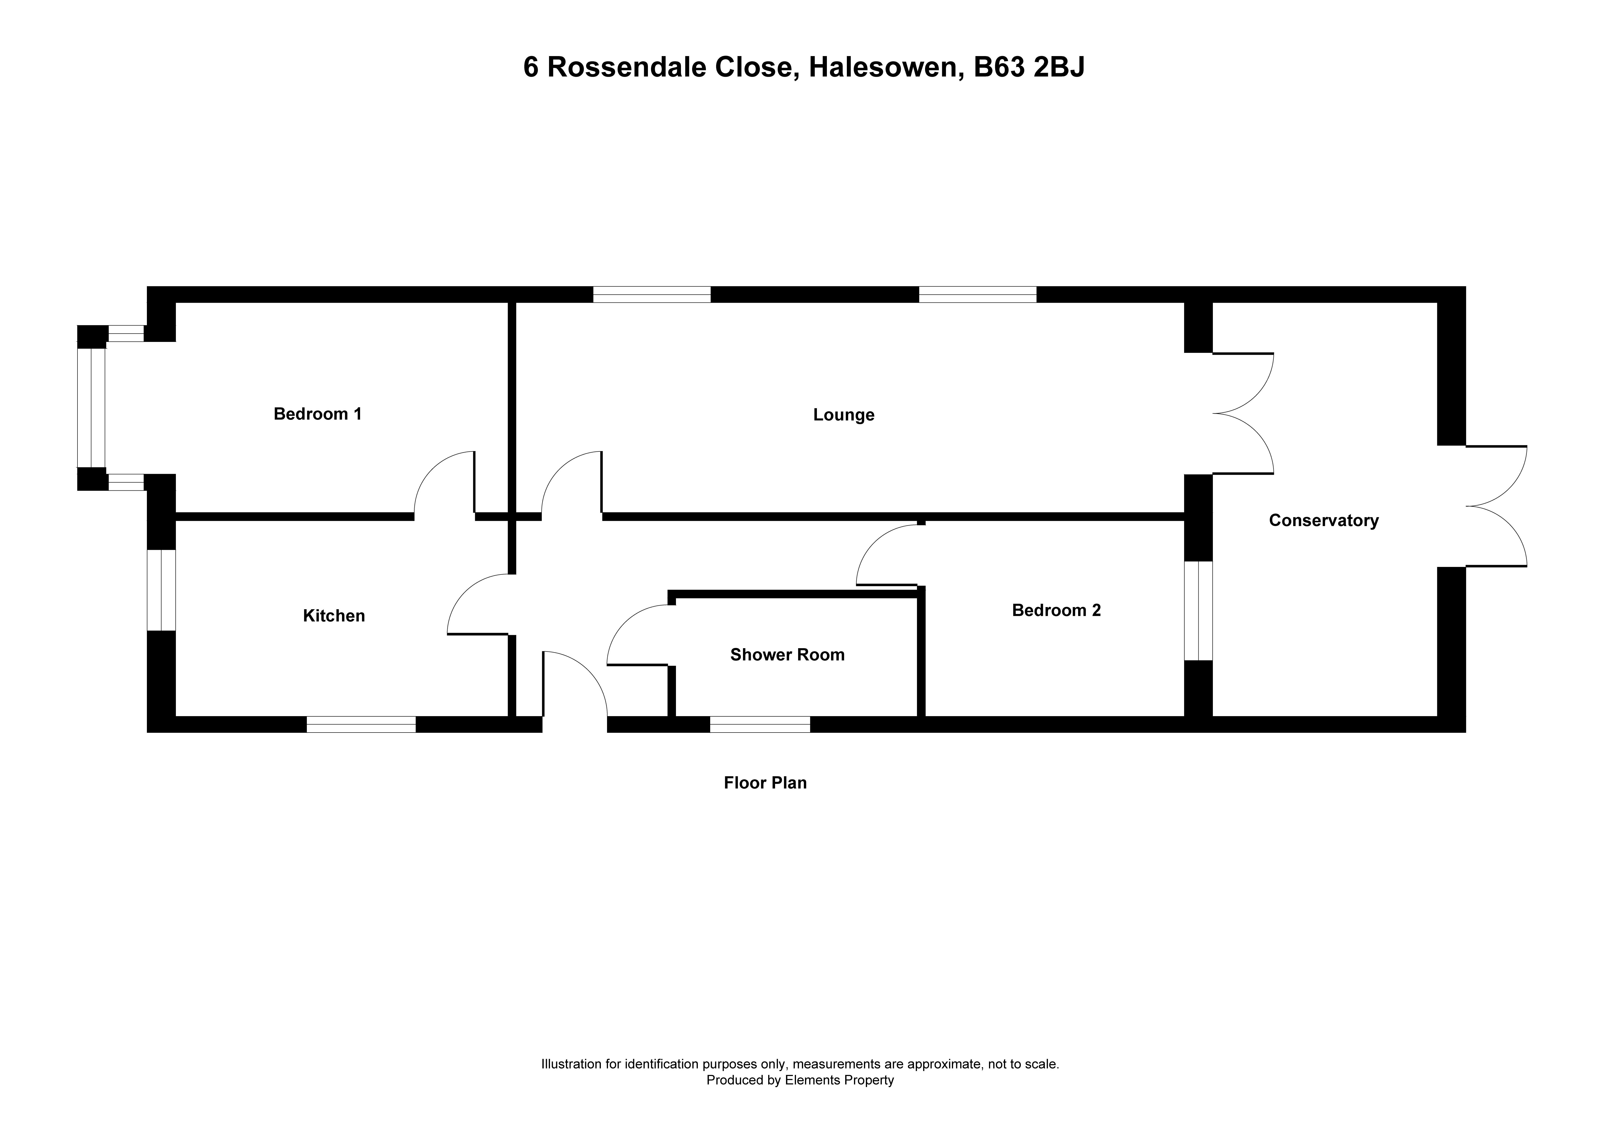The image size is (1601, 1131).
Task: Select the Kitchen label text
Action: click(x=334, y=616)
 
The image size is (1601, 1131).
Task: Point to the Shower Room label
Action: click(x=787, y=655)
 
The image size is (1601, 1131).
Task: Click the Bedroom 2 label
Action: click(x=1056, y=611)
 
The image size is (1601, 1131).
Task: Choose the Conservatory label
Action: click(x=1323, y=521)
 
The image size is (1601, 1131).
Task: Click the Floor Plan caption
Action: click(x=765, y=783)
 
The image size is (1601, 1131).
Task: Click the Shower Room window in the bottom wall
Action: click(x=760, y=724)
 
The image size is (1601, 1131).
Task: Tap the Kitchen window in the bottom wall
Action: click(x=361, y=724)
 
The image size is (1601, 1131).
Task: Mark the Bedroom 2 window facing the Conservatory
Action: click(x=1199, y=611)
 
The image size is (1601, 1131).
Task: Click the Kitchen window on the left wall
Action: click(x=161, y=591)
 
